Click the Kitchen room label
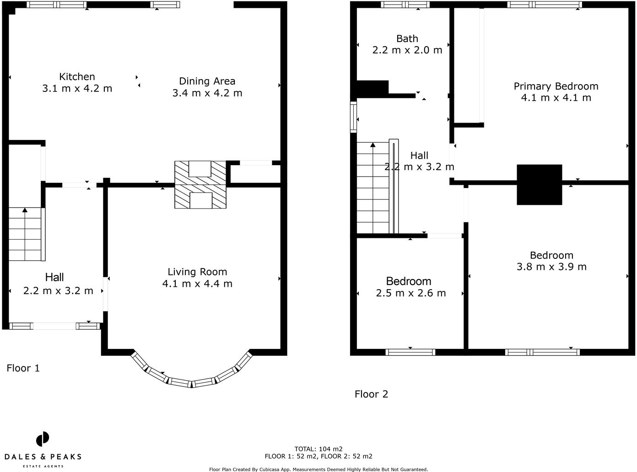pyautogui.click(x=77, y=77)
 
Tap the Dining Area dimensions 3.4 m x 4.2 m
pyautogui.click(x=207, y=93)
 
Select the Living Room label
pyautogui.click(x=197, y=272)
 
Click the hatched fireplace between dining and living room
pyautogui.click(x=200, y=184)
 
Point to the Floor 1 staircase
pyautogui.click(x=25, y=234)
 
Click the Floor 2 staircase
pyautogui.click(x=372, y=188)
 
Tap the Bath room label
pyautogui.click(x=407, y=39)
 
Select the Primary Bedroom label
pyautogui.click(x=556, y=86)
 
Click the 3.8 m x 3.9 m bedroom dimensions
pyautogui.click(x=551, y=267)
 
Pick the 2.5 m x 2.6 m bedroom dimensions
pyautogui.click(x=410, y=293)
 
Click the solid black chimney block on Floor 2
pyautogui.click(x=539, y=184)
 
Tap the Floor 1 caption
pyautogui.click(x=23, y=368)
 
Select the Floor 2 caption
pyautogui.click(x=371, y=394)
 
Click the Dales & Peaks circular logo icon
pyautogui.click(x=43, y=439)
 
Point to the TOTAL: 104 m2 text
pyautogui.click(x=318, y=449)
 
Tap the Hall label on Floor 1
pyautogui.click(x=54, y=277)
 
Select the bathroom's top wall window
pyautogui.click(x=405, y=5)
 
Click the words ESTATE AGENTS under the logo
pyautogui.click(x=43, y=466)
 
